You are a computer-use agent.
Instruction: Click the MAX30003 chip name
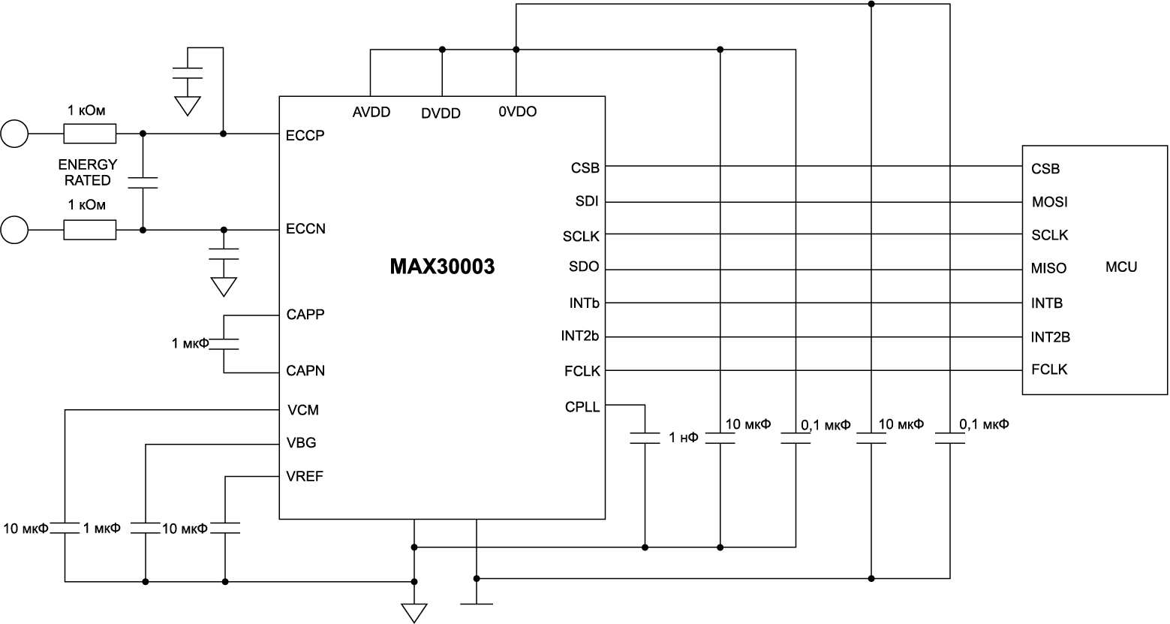(x=442, y=267)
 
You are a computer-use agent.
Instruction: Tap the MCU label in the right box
(x=1121, y=267)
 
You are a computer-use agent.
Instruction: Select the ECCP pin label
(x=305, y=137)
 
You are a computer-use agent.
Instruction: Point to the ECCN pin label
(x=306, y=229)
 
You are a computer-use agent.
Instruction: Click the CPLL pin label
(x=582, y=408)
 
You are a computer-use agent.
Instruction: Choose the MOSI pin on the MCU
(x=1049, y=202)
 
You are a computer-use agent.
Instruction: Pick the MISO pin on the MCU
(x=1049, y=268)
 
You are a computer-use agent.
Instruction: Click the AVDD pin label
(x=371, y=113)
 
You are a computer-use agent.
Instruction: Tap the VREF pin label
(x=305, y=477)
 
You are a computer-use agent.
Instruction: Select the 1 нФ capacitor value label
(x=683, y=438)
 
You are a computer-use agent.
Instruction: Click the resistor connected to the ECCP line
(x=90, y=134)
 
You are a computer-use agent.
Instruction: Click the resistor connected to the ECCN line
(x=90, y=230)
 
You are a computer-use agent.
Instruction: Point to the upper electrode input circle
(x=14, y=134)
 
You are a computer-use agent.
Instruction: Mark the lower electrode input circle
(x=14, y=230)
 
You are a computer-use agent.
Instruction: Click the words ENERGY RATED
(x=88, y=173)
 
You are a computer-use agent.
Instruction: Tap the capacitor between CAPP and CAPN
(x=224, y=343)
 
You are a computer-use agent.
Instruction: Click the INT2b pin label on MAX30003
(x=580, y=336)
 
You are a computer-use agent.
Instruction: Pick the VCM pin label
(x=302, y=410)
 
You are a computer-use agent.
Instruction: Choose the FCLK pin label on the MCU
(x=1049, y=369)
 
